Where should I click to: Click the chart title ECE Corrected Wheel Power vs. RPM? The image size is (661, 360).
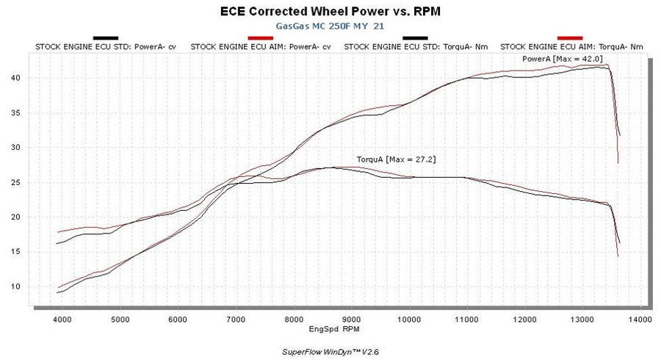(x=330, y=12)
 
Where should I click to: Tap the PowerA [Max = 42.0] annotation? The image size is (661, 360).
(x=552, y=58)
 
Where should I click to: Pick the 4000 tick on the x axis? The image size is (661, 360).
(x=62, y=320)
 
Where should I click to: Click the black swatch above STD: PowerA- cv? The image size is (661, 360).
(x=106, y=37)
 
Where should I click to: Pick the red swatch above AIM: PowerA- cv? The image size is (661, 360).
(x=261, y=37)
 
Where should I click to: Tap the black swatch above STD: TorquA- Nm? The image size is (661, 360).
(x=415, y=37)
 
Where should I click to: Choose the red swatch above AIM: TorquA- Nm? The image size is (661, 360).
(x=570, y=37)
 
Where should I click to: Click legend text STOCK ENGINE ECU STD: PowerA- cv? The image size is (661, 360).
(x=106, y=46)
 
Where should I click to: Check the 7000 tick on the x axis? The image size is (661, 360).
(x=235, y=320)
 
